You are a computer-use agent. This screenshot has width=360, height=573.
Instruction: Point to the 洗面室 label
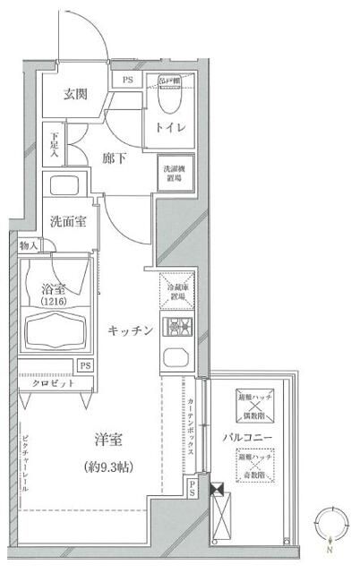[x=67, y=221]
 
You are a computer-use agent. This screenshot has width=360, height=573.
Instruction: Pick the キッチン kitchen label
[x=132, y=329]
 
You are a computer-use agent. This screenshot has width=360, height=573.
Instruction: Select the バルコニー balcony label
[x=248, y=438]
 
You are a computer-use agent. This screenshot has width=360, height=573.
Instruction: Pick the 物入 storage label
[x=28, y=245]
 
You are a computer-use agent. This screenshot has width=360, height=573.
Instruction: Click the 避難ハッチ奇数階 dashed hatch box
[x=251, y=466]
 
